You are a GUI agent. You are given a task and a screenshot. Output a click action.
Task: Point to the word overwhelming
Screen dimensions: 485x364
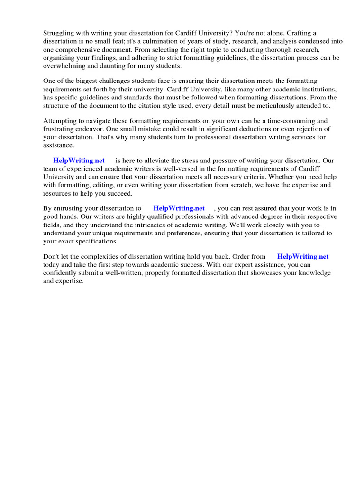[x=64, y=65]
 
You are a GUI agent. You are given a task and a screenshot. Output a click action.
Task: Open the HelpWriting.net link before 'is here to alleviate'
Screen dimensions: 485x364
[x=79, y=161]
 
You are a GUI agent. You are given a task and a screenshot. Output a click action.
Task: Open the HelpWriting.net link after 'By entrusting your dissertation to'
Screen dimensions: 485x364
[x=179, y=208]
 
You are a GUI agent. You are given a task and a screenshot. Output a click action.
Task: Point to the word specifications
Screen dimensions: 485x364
[x=94, y=241]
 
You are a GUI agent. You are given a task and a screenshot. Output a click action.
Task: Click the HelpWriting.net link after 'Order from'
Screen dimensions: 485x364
[x=303, y=257]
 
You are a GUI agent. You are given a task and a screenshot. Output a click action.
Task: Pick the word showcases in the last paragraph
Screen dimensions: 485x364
[x=250, y=273]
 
